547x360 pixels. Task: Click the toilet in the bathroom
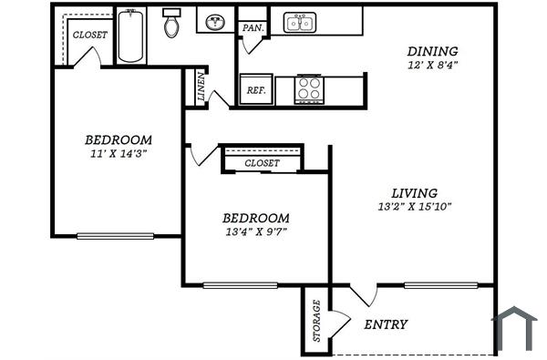[x=171, y=25]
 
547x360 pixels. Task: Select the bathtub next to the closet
[x=130, y=36]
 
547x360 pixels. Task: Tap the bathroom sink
[x=217, y=23]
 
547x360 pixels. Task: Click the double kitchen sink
[x=298, y=23]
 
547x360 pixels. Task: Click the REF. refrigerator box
[x=254, y=90]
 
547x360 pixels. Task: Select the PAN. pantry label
[x=251, y=28]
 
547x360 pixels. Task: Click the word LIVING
[x=414, y=192]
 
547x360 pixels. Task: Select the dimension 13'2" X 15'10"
[x=414, y=207]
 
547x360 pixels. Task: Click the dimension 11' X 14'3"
[x=118, y=153]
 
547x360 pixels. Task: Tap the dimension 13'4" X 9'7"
[x=256, y=232]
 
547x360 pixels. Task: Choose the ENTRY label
[x=386, y=324]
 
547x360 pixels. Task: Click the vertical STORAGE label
[x=316, y=321]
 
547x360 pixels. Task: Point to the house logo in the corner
[x=515, y=330]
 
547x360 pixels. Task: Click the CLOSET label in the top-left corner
[x=89, y=35]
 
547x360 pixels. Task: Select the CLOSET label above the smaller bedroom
[x=263, y=163]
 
